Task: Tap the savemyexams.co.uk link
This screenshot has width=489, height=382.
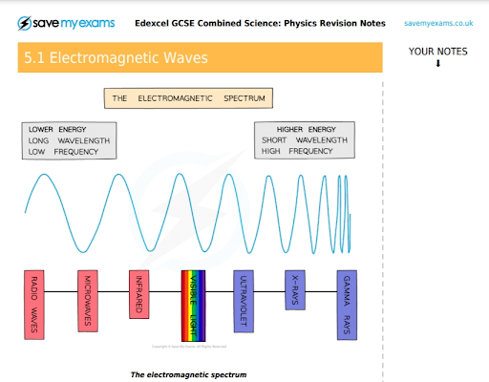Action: click(438, 22)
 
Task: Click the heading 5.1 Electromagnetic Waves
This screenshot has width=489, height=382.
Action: click(115, 59)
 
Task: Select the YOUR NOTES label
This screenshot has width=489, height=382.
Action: click(438, 53)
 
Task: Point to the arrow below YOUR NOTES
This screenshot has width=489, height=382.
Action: click(438, 64)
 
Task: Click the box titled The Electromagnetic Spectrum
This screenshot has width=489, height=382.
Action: click(189, 98)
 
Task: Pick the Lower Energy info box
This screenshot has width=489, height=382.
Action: click(69, 139)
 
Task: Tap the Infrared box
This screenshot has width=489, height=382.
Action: click(139, 292)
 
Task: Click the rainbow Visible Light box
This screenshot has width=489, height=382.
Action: click(194, 305)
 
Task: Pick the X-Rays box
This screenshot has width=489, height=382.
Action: click(296, 284)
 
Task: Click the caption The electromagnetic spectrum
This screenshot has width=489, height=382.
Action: click(188, 374)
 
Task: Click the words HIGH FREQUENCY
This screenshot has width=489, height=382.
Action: click(297, 151)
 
